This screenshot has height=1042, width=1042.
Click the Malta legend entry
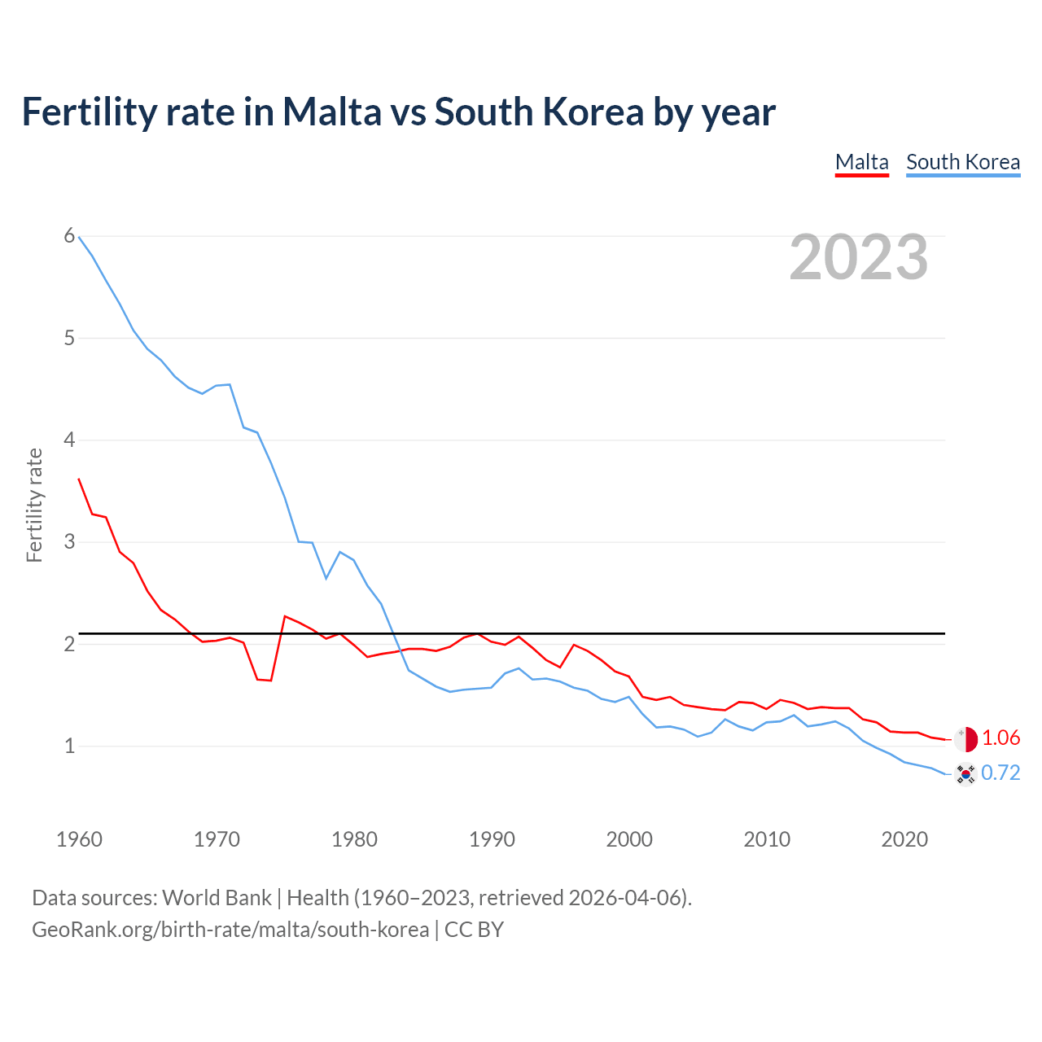tap(861, 162)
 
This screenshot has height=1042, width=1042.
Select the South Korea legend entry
tap(962, 162)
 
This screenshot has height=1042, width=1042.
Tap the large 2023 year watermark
tap(858, 257)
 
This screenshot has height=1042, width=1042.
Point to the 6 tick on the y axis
tap(69, 236)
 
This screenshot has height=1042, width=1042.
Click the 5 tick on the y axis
tap(69, 338)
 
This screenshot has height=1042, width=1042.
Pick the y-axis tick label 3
tap(69, 541)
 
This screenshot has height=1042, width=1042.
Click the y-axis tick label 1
tap(69, 746)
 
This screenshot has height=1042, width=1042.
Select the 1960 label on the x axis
tap(79, 839)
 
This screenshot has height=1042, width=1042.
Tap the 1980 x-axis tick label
tap(354, 839)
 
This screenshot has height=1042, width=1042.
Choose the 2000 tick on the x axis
tap(629, 839)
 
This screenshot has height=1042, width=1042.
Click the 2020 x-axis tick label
tap(904, 839)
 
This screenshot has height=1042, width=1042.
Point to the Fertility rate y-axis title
tap(34, 505)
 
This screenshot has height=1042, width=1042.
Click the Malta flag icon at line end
tap(965, 739)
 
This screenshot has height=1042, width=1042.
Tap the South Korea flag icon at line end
tap(965, 773)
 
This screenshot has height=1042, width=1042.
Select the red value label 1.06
tap(1000, 738)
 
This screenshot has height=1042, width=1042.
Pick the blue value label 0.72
tap(1000, 773)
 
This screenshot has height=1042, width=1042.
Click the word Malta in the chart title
tap(331, 112)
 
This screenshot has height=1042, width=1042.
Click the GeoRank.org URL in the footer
tap(230, 930)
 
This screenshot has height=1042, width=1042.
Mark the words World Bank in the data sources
tap(217, 898)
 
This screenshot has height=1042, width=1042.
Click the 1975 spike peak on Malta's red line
tap(285, 616)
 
